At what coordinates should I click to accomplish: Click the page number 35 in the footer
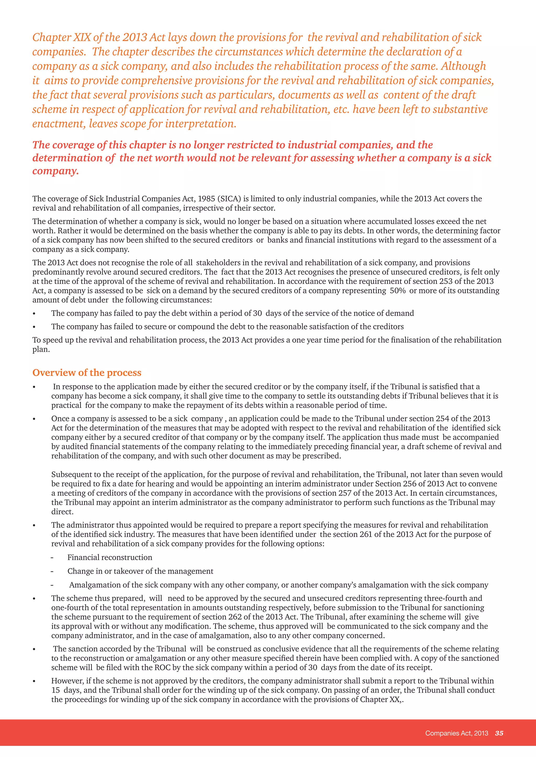499,733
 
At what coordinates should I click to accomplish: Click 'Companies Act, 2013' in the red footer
456,733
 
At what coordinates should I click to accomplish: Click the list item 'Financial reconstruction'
110,557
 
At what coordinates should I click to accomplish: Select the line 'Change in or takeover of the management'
140,571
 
